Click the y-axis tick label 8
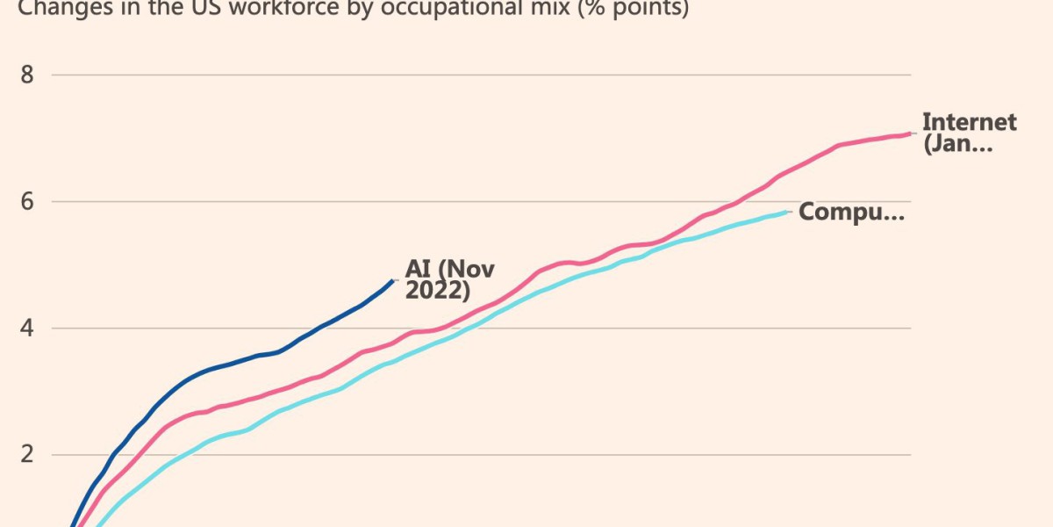point(26,74)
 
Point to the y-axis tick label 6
point(26,201)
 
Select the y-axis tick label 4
point(26,328)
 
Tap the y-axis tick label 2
point(26,455)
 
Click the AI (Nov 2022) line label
point(449,279)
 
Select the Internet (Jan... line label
point(969,133)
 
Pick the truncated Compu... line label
point(851,212)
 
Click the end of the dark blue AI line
point(393,280)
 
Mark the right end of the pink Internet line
point(910,134)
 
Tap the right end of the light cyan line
point(789,212)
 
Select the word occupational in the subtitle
point(455,9)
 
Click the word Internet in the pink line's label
point(969,122)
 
